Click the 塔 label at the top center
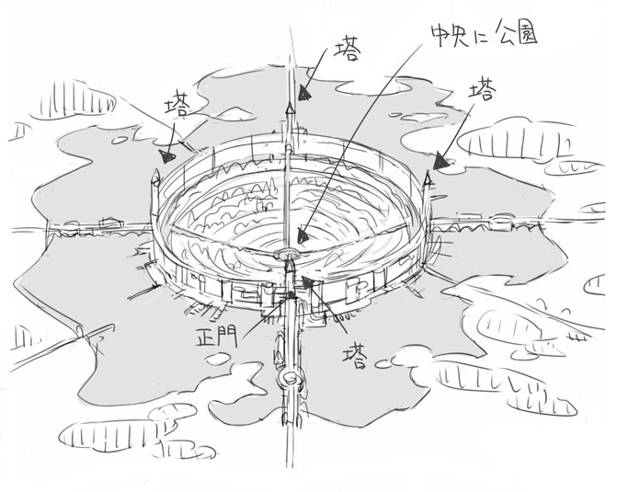[347, 51]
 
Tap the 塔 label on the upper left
[178, 105]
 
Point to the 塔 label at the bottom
[355, 356]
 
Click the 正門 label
[217, 337]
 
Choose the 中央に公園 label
[484, 35]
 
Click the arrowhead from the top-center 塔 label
[303, 94]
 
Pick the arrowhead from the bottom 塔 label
[307, 281]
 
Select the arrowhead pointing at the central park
[303, 235]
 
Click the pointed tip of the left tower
[155, 171]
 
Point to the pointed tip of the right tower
[428, 172]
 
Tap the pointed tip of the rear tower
[291, 103]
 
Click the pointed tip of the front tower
[290, 255]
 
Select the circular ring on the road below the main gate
[291, 379]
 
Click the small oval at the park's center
[287, 251]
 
